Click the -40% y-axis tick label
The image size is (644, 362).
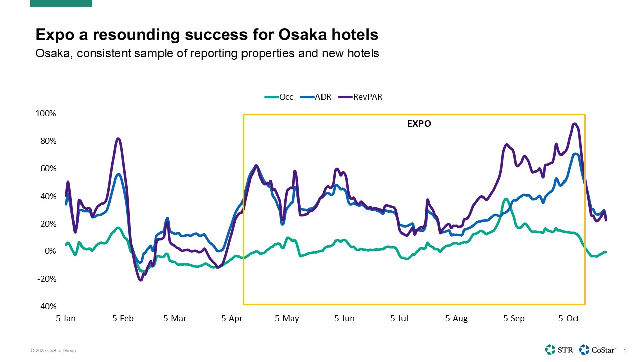pyautogui.click(x=46, y=307)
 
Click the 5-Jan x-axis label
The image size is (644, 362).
pyautogui.click(x=66, y=318)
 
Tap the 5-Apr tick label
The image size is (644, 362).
pyautogui.click(x=232, y=318)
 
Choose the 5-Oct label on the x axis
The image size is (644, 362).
pyautogui.click(x=569, y=318)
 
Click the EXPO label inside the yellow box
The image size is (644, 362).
pyautogui.click(x=419, y=124)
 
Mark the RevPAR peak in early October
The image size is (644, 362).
pyautogui.click(x=574, y=124)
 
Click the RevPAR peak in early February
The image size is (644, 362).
pyautogui.click(x=118, y=138)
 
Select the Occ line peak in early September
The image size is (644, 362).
pyautogui.click(x=506, y=199)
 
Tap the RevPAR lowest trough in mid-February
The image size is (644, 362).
pyautogui.click(x=141, y=280)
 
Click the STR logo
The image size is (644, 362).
pyautogui.click(x=558, y=349)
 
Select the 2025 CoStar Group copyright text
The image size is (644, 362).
pyautogui.click(x=53, y=351)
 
